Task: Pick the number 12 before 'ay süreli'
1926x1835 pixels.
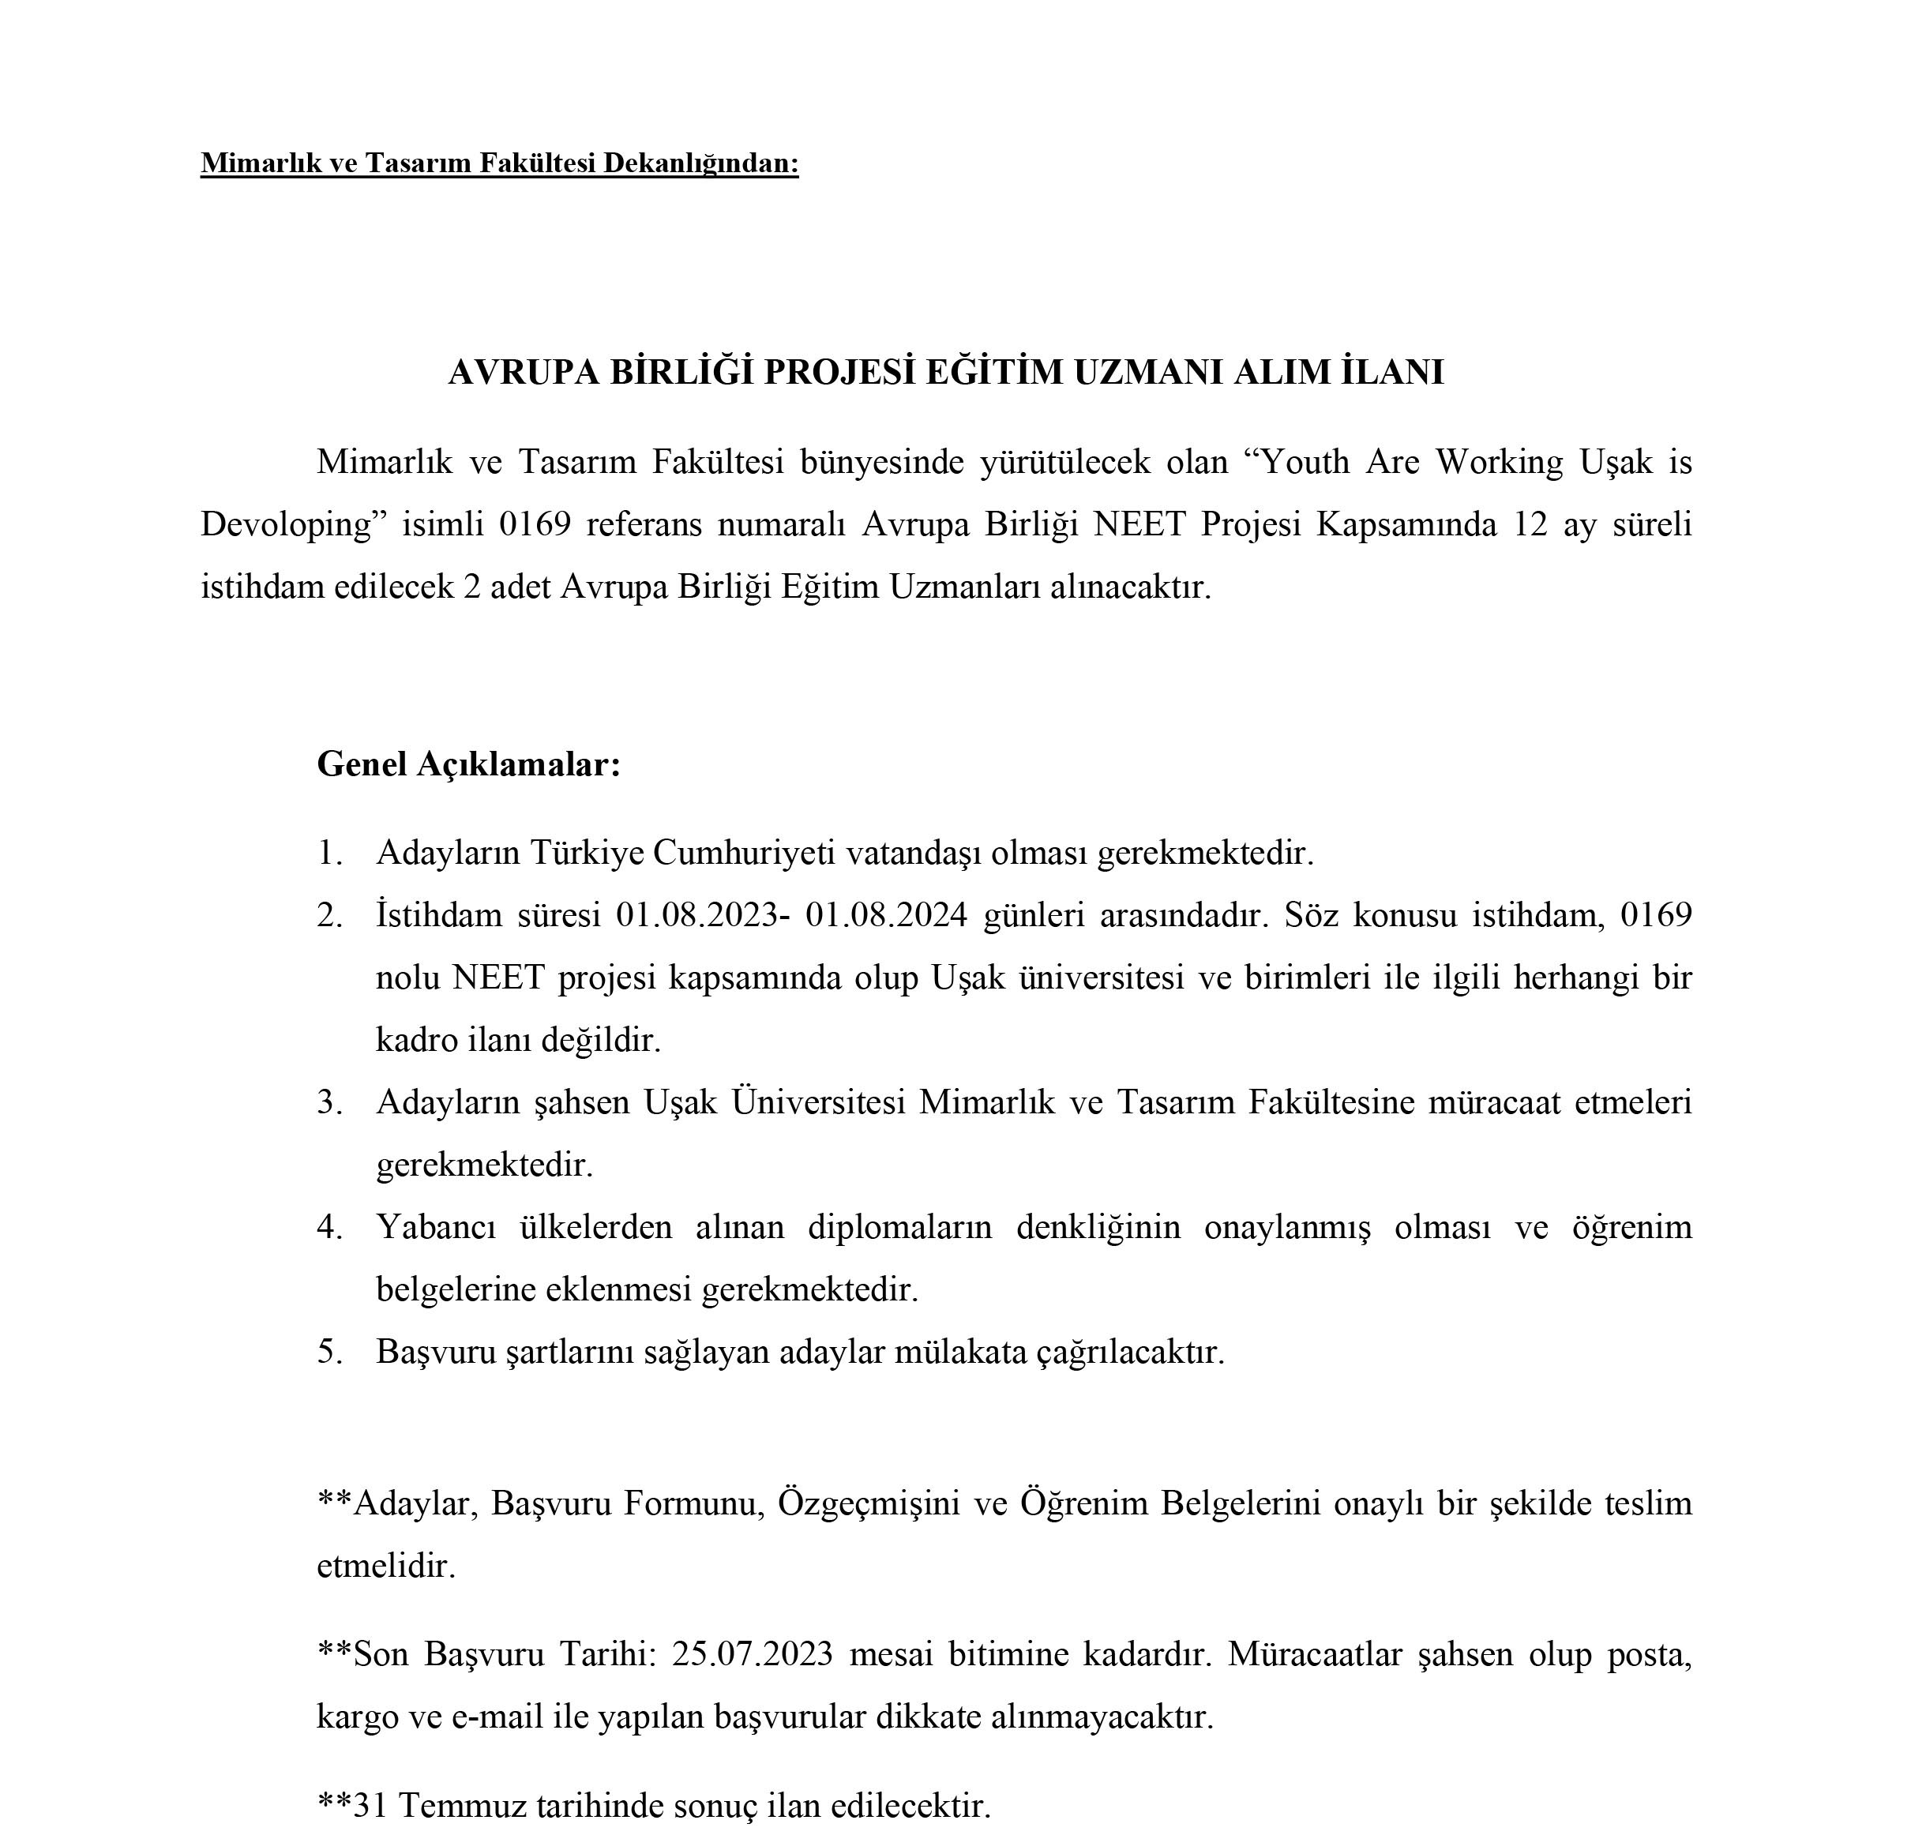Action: [1531, 524]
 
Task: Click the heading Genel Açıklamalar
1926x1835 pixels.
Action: [468, 764]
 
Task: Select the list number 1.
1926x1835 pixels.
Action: [329, 853]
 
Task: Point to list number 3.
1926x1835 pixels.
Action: [329, 1102]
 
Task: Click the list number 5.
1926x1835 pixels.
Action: [329, 1352]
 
